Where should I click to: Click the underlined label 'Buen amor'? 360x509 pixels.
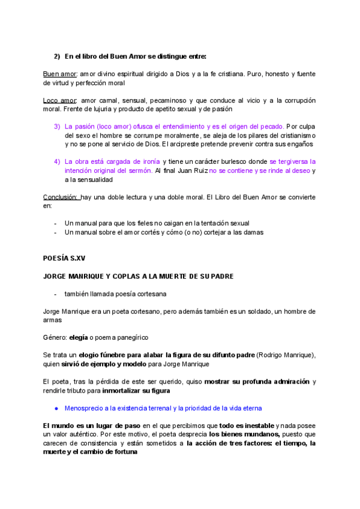(60, 74)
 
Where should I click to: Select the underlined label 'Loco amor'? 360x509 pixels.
(60, 100)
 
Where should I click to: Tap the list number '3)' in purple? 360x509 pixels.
(57, 127)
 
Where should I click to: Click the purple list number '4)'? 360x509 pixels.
(57, 162)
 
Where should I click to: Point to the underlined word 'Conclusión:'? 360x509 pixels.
(61, 197)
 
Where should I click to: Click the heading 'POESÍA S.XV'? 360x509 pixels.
(64, 258)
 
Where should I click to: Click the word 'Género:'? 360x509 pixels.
(55, 337)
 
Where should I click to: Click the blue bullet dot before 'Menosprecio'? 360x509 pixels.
(56, 408)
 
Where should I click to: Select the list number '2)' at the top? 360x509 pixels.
(57, 56)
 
